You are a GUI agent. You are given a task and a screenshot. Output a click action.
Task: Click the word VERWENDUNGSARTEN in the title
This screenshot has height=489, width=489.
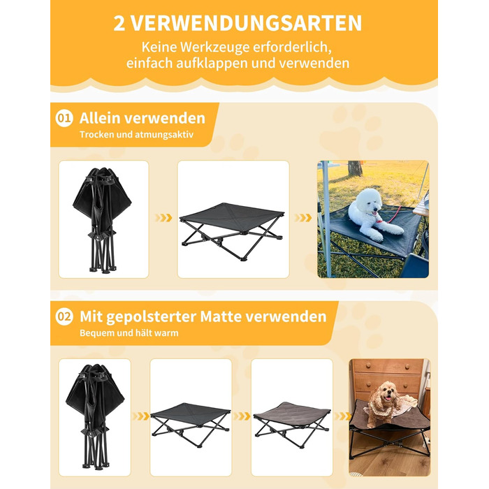tap(246, 23)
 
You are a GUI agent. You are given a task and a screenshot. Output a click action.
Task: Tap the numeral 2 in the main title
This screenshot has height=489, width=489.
tap(119, 23)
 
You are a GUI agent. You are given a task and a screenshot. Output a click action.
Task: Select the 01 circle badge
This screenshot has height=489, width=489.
tap(64, 118)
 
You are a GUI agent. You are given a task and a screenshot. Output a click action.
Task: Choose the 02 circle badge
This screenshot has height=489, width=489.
tap(64, 316)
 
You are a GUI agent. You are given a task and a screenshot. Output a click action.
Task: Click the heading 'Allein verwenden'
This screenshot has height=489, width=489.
tap(143, 118)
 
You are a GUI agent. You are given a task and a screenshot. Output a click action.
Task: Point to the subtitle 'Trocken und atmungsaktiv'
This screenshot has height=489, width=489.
tap(136, 135)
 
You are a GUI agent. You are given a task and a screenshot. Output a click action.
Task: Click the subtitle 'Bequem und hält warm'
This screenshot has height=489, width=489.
tap(129, 333)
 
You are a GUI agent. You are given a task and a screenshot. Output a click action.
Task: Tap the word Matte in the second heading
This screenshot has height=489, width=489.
tap(221, 316)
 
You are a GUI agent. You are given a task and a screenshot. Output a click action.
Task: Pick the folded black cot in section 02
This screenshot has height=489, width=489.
tap(95, 417)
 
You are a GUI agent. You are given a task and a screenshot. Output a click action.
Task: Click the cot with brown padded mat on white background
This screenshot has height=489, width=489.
tap(291, 425)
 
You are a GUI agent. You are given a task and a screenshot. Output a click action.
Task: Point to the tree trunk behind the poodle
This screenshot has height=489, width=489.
tap(355, 168)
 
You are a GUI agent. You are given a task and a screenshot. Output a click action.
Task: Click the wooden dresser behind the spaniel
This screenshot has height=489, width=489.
tap(388, 379)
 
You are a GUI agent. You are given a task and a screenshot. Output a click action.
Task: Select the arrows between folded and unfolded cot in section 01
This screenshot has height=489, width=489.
tap(163, 218)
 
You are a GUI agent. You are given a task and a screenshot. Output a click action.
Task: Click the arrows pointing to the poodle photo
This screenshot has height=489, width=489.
tap(303, 218)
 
